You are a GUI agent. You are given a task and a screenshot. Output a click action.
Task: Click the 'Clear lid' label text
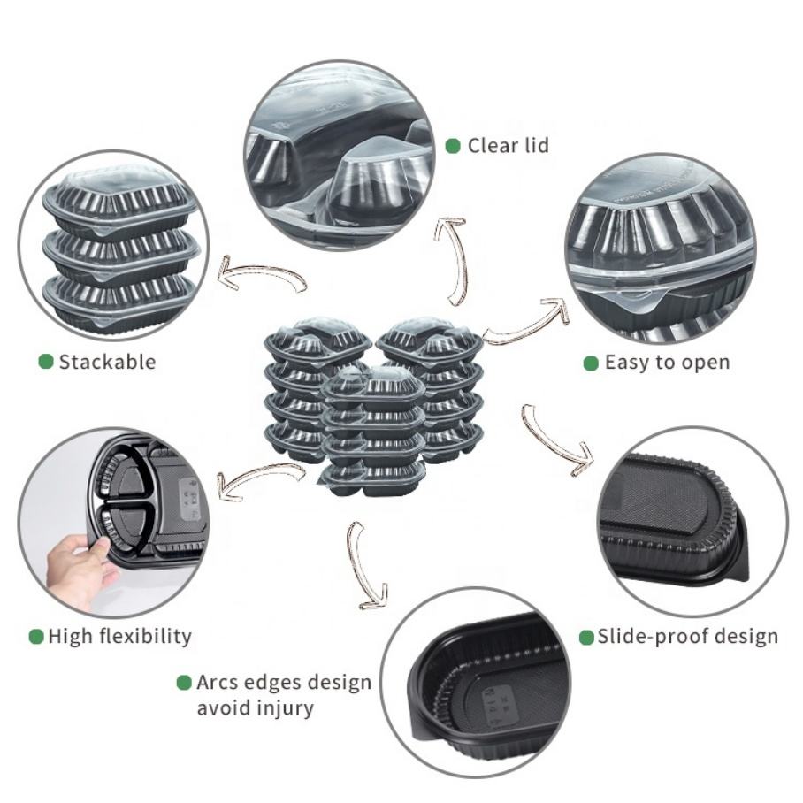point(508,145)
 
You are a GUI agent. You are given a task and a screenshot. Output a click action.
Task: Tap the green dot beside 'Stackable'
point(46,361)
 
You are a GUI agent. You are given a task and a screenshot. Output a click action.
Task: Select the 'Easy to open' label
point(667,363)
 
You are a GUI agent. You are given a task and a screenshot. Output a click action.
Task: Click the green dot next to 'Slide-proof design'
point(586,637)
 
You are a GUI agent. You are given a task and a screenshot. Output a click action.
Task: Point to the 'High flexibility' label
point(119,636)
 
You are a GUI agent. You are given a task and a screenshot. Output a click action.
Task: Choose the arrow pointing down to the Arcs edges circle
point(365,566)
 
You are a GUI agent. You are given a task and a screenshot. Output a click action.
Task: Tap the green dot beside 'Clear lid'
point(453,145)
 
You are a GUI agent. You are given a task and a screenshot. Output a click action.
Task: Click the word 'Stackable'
point(107,361)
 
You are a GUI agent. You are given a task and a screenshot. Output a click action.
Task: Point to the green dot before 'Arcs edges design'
point(184,683)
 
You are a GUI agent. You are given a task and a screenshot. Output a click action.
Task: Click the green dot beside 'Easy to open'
point(591,363)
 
